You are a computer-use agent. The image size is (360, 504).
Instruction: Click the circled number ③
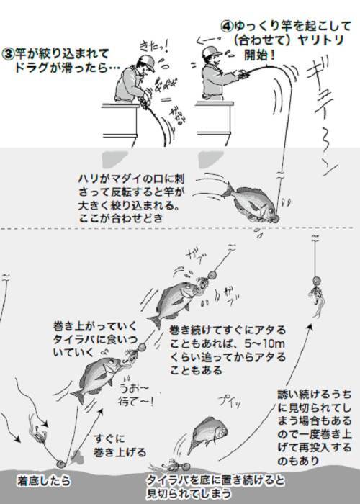tap(9, 53)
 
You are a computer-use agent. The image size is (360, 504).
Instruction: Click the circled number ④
tap(226, 24)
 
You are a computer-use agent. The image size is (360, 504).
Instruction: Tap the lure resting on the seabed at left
tap(60, 454)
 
